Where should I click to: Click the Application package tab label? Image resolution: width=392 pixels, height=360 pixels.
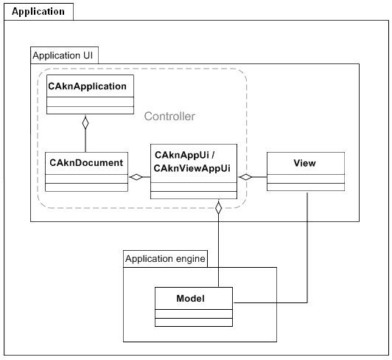[x=38, y=12]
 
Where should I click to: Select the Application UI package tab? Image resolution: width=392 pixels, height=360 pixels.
[x=64, y=55]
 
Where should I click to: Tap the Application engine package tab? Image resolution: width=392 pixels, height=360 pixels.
[x=165, y=259]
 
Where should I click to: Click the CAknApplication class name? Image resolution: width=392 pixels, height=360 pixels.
[x=87, y=86]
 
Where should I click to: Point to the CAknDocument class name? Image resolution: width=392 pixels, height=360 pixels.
[x=86, y=163]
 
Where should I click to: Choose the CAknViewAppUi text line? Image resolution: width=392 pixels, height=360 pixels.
[x=192, y=168]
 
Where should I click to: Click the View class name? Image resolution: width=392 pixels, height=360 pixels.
[x=304, y=163]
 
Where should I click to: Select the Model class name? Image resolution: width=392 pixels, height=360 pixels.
[x=191, y=299]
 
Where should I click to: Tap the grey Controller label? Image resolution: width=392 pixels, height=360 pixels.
[x=169, y=116]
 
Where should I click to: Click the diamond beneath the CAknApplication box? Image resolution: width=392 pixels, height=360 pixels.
[x=85, y=122]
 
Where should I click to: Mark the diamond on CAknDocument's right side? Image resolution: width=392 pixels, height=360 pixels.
[x=136, y=177]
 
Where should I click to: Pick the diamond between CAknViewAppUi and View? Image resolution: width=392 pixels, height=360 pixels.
[x=246, y=177]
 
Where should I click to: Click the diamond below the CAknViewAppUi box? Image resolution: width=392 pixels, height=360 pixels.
[x=219, y=208]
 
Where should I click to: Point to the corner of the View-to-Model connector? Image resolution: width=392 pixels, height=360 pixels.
[x=307, y=302]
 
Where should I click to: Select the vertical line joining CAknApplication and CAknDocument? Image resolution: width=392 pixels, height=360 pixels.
[x=85, y=140]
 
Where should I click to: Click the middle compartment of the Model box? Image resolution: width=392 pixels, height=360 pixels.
[x=194, y=314]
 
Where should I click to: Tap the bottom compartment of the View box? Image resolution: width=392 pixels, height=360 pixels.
[x=306, y=187]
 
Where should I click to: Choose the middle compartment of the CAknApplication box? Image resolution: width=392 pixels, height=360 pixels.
[x=90, y=102]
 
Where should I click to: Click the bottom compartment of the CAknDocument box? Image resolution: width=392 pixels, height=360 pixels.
[x=86, y=187]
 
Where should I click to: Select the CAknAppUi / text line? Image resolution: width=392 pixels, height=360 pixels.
[x=184, y=155]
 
